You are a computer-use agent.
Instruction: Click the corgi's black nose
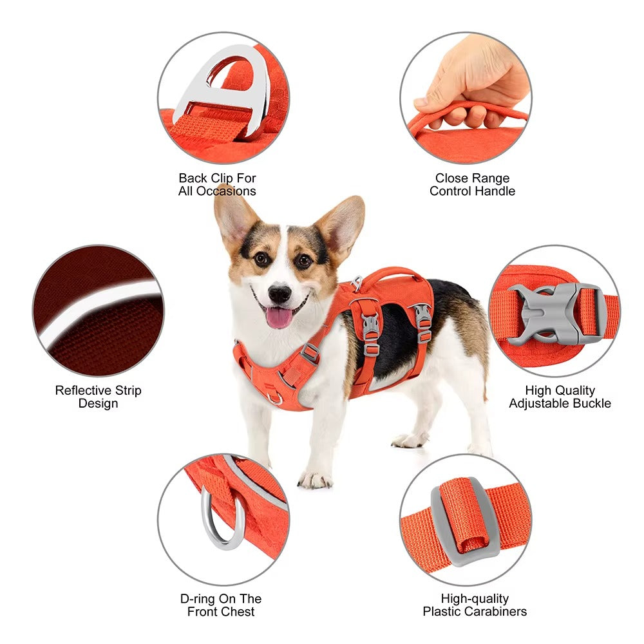279,294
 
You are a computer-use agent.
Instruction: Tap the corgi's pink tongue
279,317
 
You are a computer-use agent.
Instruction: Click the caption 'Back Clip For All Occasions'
217,184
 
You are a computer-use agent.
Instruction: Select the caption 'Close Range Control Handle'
472,184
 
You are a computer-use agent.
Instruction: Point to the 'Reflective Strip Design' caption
98,397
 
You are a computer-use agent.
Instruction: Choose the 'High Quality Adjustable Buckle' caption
560,397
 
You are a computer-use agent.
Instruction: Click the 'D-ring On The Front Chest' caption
221,605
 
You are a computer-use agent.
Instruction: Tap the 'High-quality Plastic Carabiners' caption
475,605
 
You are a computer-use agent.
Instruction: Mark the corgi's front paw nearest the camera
315,478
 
